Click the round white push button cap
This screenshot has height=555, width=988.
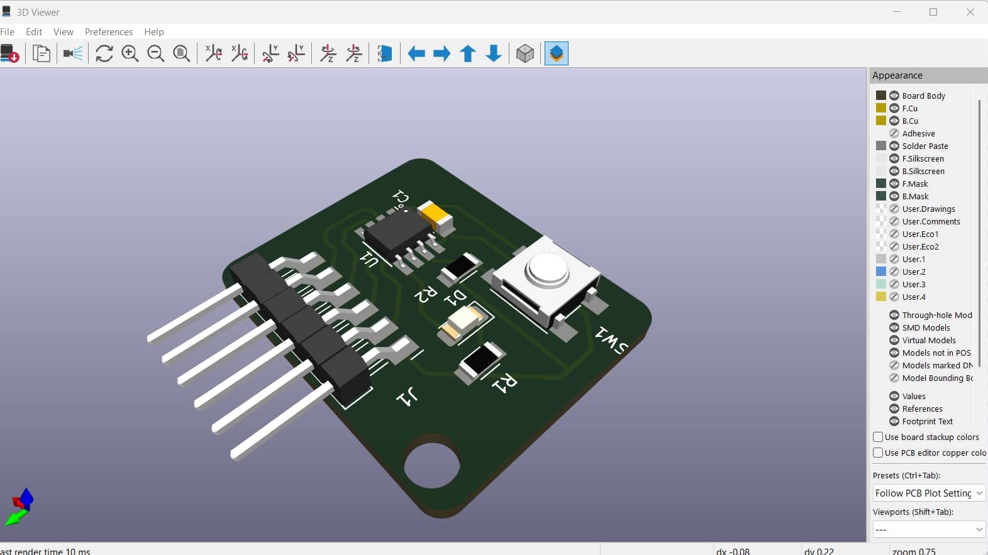(547, 268)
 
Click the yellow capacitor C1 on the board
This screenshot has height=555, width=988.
(435, 216)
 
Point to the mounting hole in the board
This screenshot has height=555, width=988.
(432, 466)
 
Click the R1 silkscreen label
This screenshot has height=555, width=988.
(504, 383)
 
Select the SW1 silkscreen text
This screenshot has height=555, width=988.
(611, 341)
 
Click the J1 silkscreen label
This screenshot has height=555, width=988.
(407, 397)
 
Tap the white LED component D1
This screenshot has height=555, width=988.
(462, 324)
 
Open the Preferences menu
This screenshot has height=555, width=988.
(109, 31)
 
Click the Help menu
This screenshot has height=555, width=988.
(154, 31)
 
